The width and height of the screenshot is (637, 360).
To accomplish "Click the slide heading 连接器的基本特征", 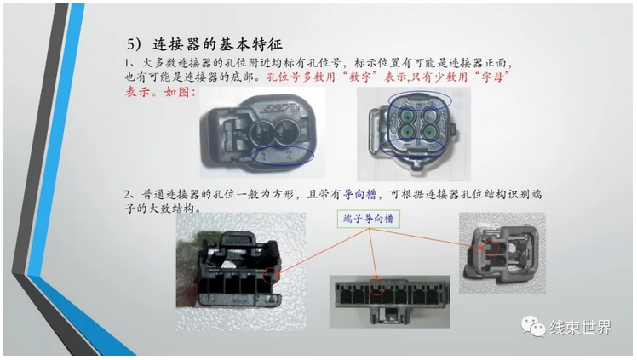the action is coord(217,44).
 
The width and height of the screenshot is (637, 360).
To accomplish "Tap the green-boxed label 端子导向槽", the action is coord(369,220).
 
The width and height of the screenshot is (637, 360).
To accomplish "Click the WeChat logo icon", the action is coord(533,327).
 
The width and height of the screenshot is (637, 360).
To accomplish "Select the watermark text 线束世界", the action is coord(581,327).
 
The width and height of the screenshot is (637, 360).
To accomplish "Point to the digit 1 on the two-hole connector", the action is coord(265,156).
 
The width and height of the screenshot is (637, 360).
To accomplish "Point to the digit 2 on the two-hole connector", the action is coord(290,155).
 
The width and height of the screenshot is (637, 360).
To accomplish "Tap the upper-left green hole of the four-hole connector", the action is coord(406,116).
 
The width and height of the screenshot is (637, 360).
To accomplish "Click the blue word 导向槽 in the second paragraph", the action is coord(360,194).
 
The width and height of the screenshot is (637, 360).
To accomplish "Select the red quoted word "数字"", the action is coord(360,77).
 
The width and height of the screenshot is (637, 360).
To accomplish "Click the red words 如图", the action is coord(177,92).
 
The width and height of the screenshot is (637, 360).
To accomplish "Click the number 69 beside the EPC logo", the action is coord(295,109).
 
